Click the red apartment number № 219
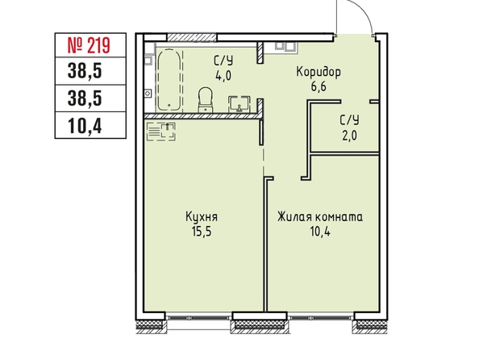point(88,45)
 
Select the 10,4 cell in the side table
point(90,125)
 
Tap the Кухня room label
point(202,217)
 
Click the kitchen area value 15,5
point(202,232)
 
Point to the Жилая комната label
point(320,217)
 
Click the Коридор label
point(319,73)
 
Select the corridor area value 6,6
point(319,87)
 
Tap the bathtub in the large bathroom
point(169,80)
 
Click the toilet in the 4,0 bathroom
point(205,100)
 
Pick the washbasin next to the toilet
point(240,104)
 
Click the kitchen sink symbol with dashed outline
point(161,132)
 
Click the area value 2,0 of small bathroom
point(349,135)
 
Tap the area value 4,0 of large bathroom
point(223,76)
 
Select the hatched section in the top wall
point(192,37)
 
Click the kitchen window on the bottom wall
point(199,318)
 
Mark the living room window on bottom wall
point(320,318)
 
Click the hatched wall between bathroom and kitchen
point(202,116)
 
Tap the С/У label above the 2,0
point(350,120)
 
